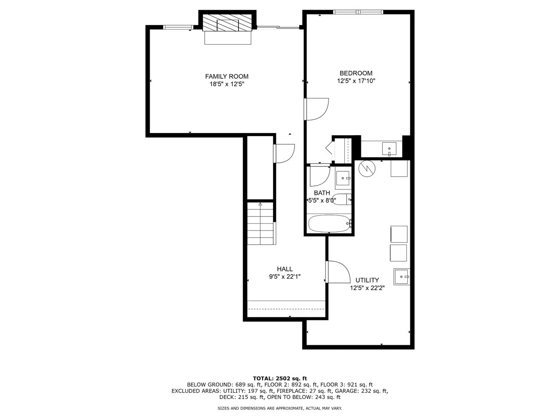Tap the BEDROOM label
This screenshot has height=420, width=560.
(x=356, y=73)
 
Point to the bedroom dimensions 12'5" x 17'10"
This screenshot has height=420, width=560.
(x=356, y=80)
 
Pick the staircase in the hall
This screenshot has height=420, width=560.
(x=261, y=224)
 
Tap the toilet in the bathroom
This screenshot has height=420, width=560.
(x=342, y=199)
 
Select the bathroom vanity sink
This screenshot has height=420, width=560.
(x=343, y=178)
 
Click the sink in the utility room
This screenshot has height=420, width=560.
(x=402, y=277)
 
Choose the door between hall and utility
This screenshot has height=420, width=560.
(x=338, y=272)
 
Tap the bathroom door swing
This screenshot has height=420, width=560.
(x=319, y=176)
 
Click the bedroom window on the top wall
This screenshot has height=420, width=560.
(x=358, y=12)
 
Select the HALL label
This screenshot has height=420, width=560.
(x=284, y=269)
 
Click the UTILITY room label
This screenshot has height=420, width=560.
(x=367, y=280)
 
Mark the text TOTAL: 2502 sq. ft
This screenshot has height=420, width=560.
(x=280, y=378)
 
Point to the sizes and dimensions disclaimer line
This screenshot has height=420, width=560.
(x=280, y=408)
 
